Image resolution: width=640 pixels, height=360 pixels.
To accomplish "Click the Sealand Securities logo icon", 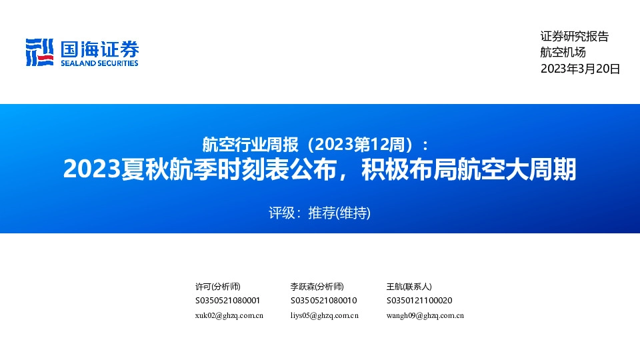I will (39, 52).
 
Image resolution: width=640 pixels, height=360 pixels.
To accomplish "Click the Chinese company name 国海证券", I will (99, 48).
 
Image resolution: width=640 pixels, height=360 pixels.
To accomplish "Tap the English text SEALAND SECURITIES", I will (99, 63).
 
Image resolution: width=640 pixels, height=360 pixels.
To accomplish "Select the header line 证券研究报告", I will (574, 37).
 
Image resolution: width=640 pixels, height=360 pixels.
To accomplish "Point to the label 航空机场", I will (563, 53).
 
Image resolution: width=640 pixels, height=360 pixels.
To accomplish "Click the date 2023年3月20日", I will (580, 69).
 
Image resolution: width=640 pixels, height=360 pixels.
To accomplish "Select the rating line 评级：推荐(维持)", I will (319, 213).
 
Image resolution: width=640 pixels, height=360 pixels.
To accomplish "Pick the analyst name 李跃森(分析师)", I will (317, 286).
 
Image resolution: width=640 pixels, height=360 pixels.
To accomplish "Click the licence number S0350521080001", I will (227, 301).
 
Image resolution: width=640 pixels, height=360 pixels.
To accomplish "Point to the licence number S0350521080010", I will (323, 301).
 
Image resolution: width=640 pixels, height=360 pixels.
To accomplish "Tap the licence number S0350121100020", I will (419, 301).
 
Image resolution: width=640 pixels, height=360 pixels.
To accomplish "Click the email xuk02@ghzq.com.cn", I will (229, 315).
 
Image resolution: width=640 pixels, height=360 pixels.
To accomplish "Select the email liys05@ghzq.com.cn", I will (325, 315).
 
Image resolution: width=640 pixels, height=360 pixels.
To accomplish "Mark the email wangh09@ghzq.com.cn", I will (425, 315).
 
